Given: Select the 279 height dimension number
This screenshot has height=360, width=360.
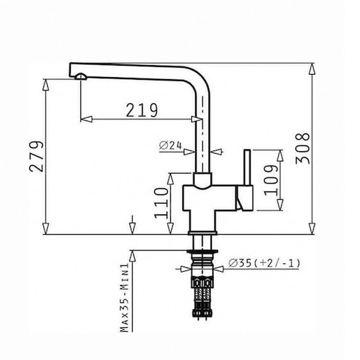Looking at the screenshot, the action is pos(36,156).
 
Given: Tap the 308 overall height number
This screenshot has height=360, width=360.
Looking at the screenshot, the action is pos(302,148).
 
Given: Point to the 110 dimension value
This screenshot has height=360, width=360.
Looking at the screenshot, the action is pos(162,203).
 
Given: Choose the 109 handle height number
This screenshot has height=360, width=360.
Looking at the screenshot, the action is pos(271,180).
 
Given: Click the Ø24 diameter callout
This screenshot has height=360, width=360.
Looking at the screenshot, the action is pos(170,145).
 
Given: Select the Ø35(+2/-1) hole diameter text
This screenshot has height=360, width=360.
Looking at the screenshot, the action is pos(264,263).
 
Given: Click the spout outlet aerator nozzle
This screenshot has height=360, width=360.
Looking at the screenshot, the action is pos(81,76).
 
